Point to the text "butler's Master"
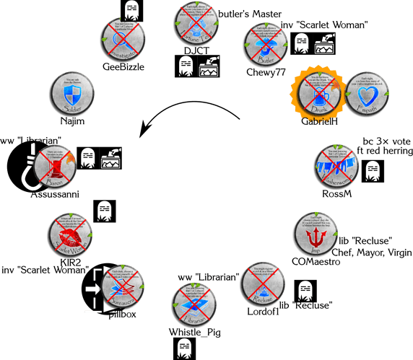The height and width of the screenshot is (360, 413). [250, 14]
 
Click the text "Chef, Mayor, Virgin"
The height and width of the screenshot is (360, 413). [370, 253]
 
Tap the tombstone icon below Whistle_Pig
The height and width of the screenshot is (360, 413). [182, 348]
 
